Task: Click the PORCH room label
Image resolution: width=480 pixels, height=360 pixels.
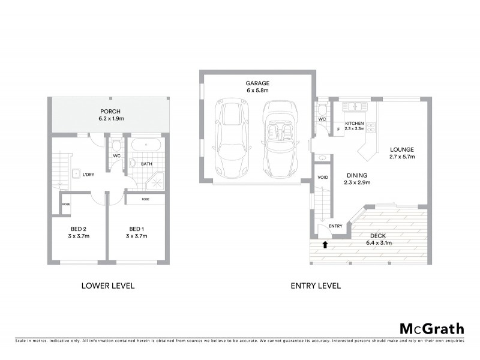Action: tap(110, 112)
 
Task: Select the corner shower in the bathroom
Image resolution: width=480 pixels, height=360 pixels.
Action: tap(157, 181)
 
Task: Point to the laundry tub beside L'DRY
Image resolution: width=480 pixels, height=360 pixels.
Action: tap(77, 174)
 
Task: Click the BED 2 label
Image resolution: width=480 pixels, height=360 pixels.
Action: tap(78, 229)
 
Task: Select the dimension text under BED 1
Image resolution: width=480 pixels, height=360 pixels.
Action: tap(136, 236)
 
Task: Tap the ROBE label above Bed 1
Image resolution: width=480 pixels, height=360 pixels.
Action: tap(145, 199)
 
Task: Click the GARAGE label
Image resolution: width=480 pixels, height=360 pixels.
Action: tap(256, 83)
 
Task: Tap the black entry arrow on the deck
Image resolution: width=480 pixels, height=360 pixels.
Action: tap(325, 244)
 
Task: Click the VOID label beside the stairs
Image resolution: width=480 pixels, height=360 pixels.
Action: tap(322, 178)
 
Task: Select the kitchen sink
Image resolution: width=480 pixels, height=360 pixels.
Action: tap(355, 107)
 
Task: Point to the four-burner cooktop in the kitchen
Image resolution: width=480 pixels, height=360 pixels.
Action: tap(371, 127)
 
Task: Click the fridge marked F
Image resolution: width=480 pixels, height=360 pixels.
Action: tap(338, 128)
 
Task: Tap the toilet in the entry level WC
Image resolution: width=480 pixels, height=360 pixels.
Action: tap(322, 109)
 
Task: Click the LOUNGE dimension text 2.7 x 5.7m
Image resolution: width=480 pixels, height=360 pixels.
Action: tap(402, 157)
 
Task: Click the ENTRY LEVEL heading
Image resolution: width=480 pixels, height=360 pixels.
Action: tap(316, 286)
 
